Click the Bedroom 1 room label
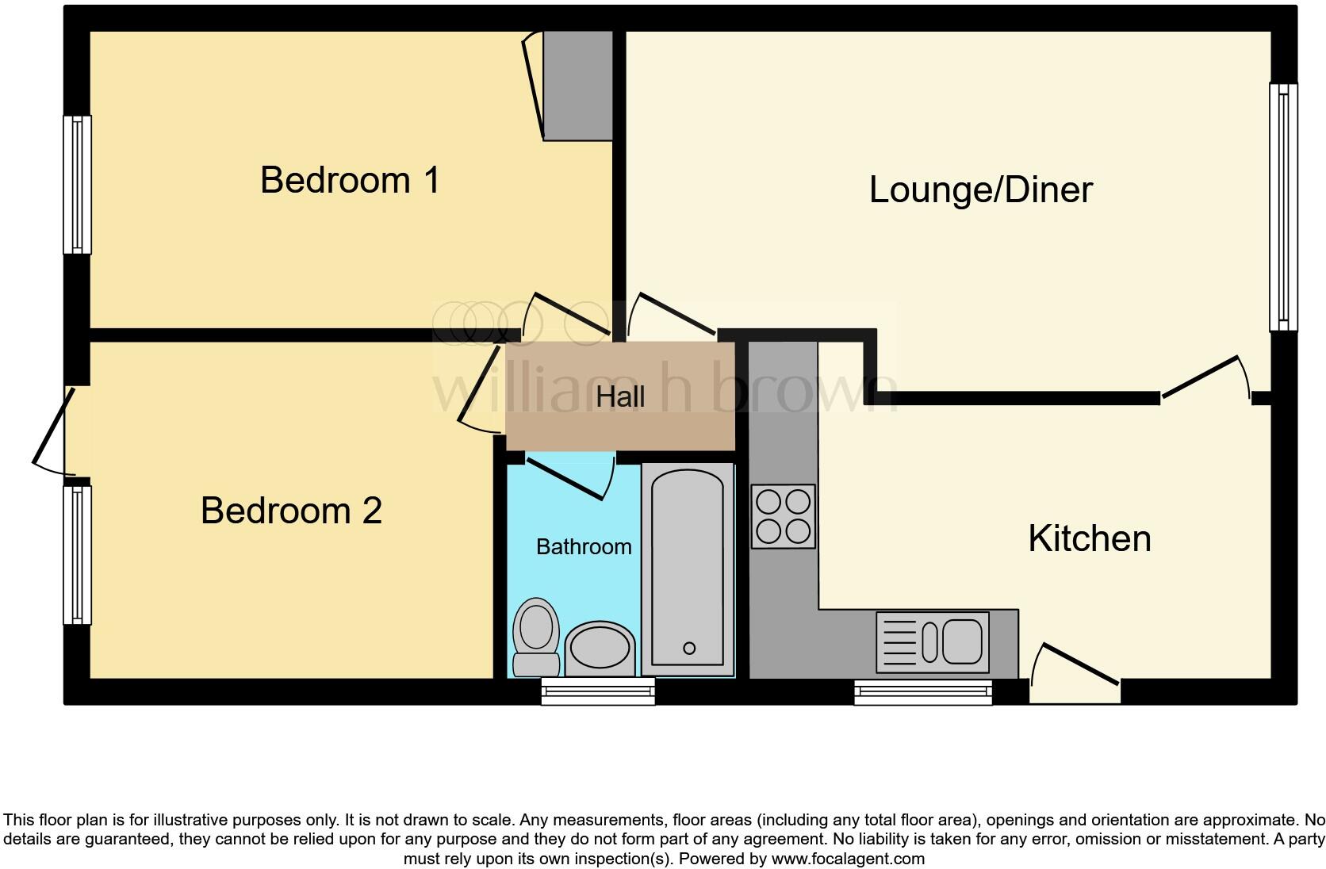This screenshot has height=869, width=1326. click(349, 180)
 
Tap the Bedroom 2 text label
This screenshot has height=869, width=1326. click(291, 511)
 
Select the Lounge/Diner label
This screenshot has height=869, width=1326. click(980, 190)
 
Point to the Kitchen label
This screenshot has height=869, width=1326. click(1089, 539)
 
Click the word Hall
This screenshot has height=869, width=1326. click(620, 396)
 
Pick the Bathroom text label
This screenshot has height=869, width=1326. click(584, 547)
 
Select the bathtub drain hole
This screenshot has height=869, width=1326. click(688, 648)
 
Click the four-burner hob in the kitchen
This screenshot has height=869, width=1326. click(783, 516)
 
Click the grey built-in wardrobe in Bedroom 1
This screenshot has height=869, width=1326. click(577, 86)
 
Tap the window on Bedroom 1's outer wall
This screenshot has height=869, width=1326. click(77, 184)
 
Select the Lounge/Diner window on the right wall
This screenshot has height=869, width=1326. click(1283, 207)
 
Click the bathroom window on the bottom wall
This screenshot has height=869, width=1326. click(598, 691)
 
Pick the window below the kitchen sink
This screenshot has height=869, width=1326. click(923, 692)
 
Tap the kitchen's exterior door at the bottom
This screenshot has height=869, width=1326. click(1075, 674)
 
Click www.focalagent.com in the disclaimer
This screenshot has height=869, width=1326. click(848, 859)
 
